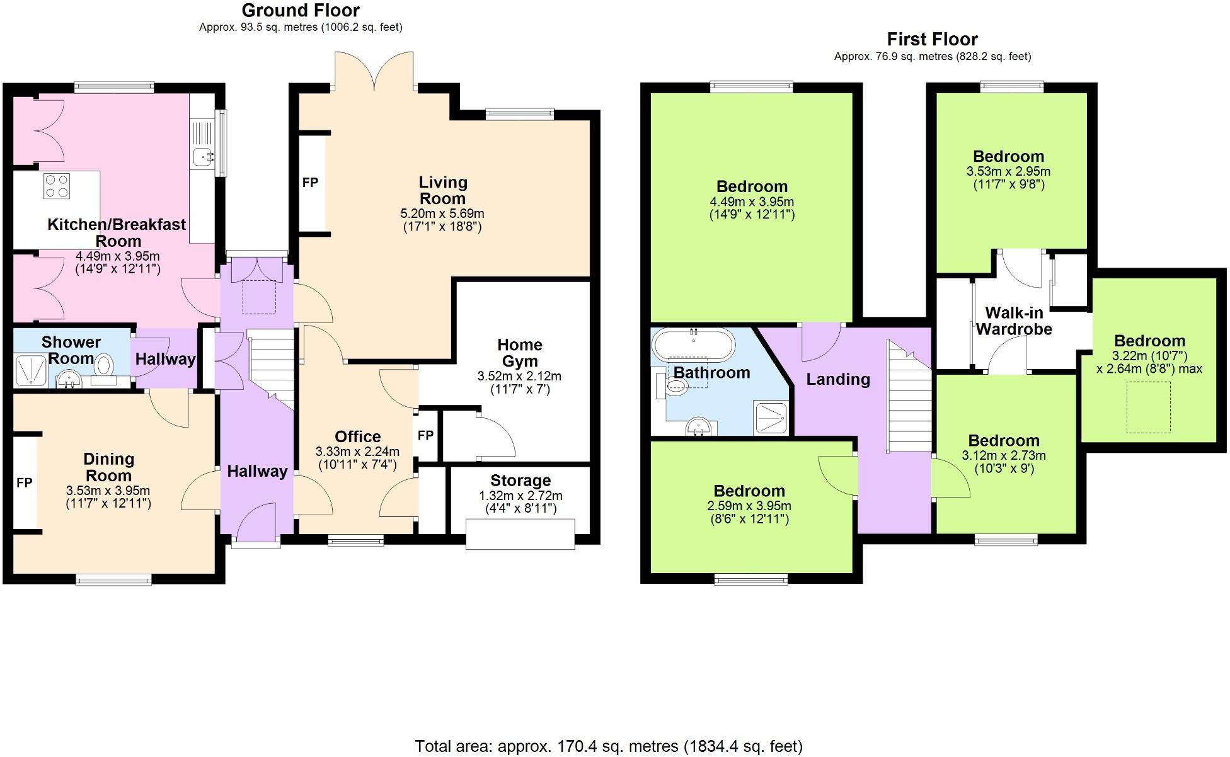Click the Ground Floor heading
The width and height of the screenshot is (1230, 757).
point(301,11)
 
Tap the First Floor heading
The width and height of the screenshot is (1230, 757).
point(932,40)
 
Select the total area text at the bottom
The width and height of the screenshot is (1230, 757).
point(609,746)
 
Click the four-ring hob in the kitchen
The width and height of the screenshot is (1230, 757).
point(56,186)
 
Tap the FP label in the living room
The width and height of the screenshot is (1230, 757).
point(310,183)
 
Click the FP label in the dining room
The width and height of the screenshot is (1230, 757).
point(24,483)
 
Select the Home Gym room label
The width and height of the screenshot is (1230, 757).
point(519,353)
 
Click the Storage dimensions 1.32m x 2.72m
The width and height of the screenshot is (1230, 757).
point(520,496)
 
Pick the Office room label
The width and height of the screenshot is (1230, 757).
point(357,436)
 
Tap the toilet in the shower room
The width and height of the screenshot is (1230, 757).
point(104,364)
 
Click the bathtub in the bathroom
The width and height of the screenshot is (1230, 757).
point(693,344)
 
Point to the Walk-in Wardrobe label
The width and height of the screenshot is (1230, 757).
point(1014,321)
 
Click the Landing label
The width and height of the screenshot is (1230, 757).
point(838,379)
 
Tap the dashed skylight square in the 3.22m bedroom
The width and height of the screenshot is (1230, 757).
point(1148,407)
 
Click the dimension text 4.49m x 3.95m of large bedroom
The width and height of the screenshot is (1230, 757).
point(752,202)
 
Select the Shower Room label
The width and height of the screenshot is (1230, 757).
point(71,350)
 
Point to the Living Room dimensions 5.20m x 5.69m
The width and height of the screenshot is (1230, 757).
point(442,213)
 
